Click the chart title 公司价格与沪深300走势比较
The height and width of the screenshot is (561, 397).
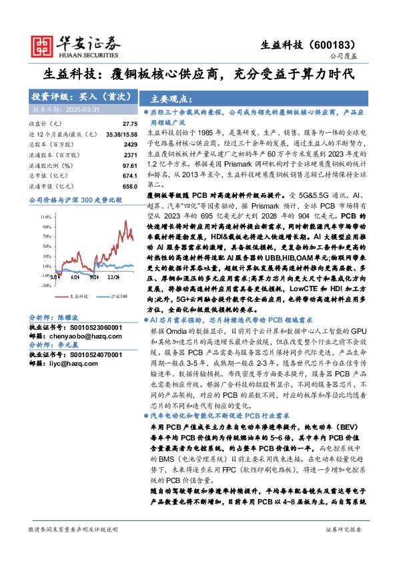coord(75,199)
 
